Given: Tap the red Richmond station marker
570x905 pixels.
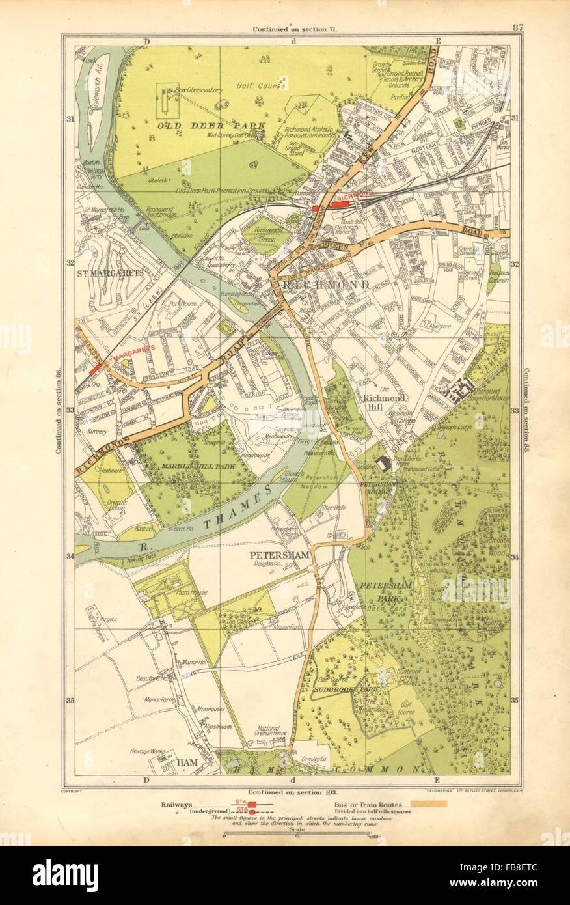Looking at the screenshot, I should tap(341, 202).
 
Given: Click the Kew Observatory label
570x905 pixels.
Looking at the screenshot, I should tap(202, 89).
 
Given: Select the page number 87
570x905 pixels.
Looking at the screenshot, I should tap(518, 27).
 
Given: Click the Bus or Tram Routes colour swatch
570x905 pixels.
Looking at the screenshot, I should tap(426, 805).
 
